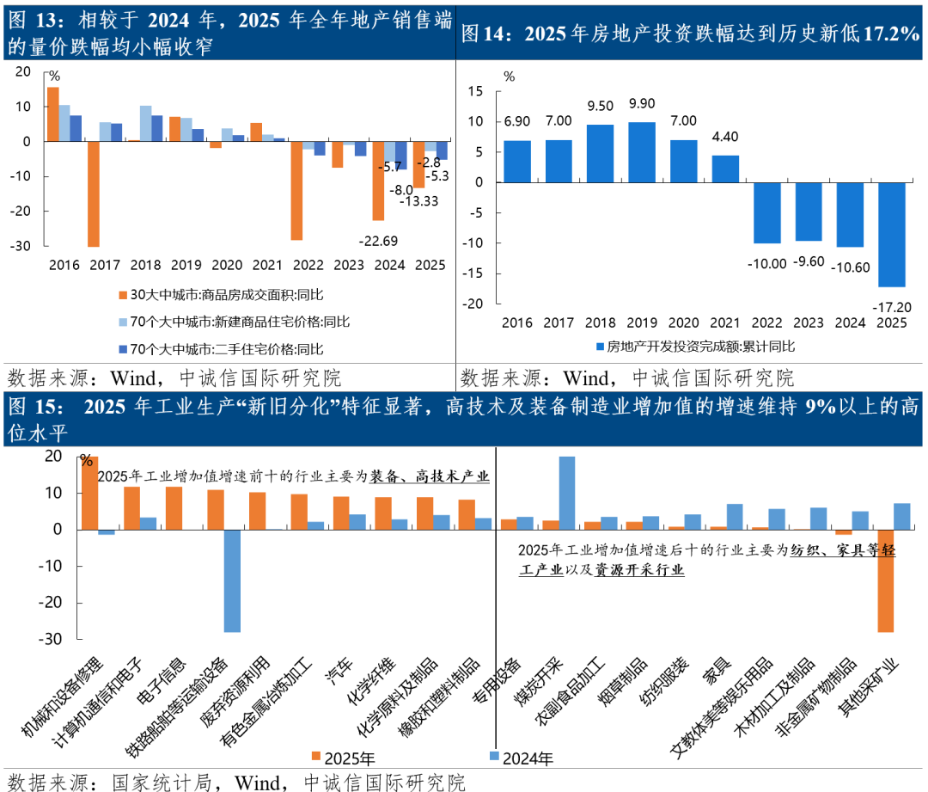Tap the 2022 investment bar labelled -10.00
[x=767, y=212]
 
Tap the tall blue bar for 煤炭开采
[x=567, y=493]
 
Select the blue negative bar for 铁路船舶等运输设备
[x=232, y=580]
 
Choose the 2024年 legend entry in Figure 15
[x=521, y=758]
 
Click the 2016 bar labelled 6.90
[x=516, y=162]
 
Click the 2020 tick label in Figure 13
[x=227, y=265]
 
